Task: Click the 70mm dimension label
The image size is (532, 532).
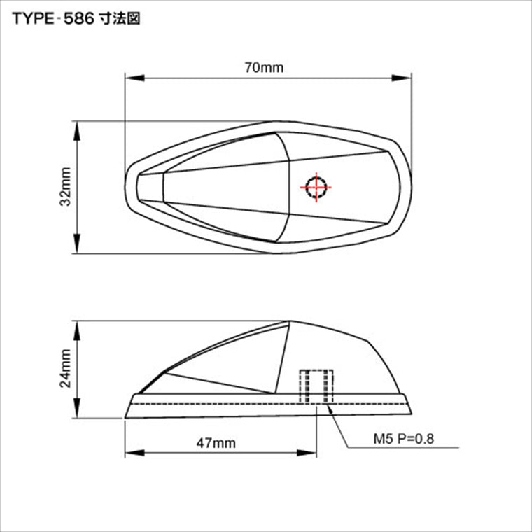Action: click(x=264, y=67)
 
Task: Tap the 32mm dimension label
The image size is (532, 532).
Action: click(x=66, y=186)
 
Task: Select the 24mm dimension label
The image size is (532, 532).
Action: click(x=66, y=368)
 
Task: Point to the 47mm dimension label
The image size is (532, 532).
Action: click(x=216, y=443)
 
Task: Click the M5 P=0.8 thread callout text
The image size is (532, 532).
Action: click(x=404, y=439)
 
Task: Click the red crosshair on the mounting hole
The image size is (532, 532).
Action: click(x=316, y=187)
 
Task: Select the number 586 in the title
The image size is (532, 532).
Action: click(x=78, y=19)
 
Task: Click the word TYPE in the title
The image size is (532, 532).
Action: click(x=33, y=19)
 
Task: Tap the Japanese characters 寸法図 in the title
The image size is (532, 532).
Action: click(x=120, y=19)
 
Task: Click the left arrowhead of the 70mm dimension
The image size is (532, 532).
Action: click(x=134, y=78)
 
